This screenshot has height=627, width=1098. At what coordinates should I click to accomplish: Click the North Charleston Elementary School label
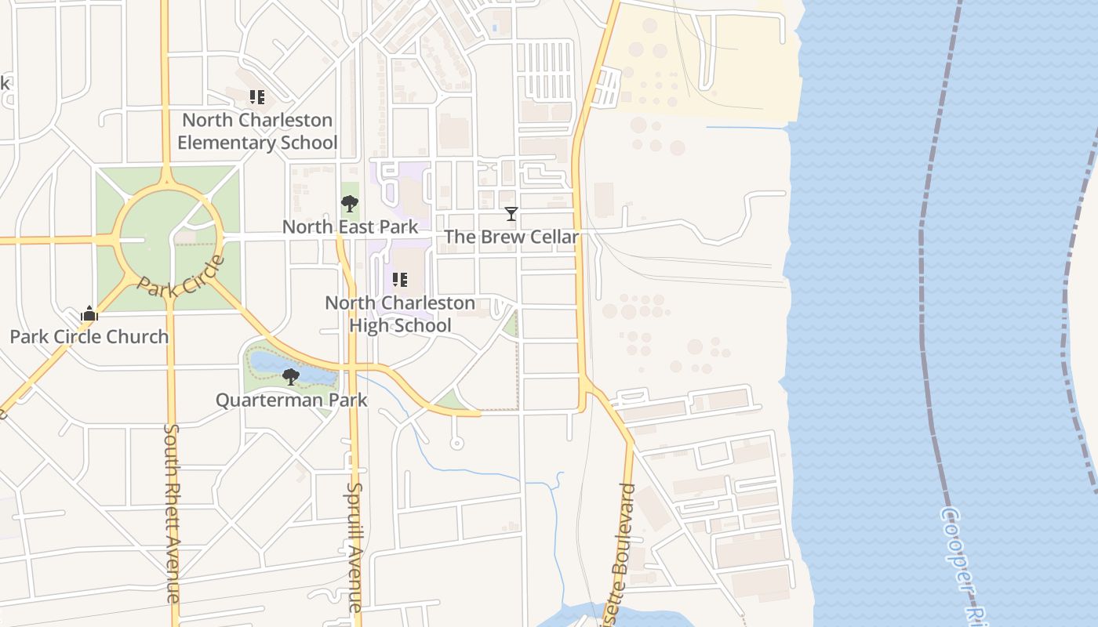tap(257, 132)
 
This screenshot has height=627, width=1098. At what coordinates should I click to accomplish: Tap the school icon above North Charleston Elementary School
tap(257, 97)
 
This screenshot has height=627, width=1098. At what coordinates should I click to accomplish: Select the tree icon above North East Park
tap(350, 204)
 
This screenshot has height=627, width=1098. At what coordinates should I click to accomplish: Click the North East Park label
tap(350, 227)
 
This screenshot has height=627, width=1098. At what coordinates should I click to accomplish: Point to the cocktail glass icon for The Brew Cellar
tap(511, 213)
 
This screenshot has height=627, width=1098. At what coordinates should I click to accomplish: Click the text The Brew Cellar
tap(511, 237)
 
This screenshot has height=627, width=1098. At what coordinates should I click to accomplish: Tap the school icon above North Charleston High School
tap(400, 280)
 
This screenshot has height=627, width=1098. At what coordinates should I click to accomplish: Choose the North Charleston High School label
tap(400, 313)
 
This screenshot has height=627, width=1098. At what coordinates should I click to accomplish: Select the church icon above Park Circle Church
tap(89, 314)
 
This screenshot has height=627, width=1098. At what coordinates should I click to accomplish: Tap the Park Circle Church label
tap(89, 337)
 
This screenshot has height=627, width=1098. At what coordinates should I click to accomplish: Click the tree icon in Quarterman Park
tap(291, 377)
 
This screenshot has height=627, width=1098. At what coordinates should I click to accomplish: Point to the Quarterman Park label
tap(292, 400)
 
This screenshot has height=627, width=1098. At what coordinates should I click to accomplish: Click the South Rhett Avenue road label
tap(173, 513)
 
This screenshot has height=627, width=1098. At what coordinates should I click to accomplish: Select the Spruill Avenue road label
tap(354, 547)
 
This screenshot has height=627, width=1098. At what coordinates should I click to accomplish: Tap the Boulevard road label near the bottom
tap(624, 541)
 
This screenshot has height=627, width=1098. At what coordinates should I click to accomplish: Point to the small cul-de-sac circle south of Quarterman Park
tap(456, 444)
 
